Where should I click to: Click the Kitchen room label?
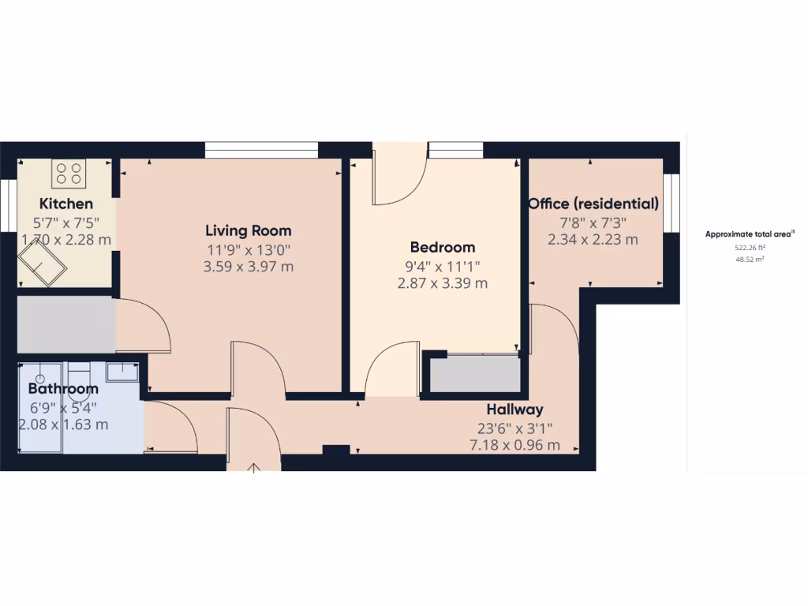pyautogui.click(x=66, y=204)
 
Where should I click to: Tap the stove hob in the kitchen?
pyautogui.click(x=69, y=174)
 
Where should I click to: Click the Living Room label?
pyautogui.click(x=249, y=231)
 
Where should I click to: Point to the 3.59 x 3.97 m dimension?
pyautogui.click(x=249, y=267)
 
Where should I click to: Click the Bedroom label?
pyautogui.click(x=442, y=248)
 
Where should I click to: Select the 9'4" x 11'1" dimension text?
pyautogui.click(x=442, y=266)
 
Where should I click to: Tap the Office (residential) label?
pyautogui.click(x=593, y=204)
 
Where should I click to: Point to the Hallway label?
pyautogui.click(x=514, y=410)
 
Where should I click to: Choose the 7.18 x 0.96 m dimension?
pyautogui.click(x=514, y=445)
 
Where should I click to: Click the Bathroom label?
pyautogui.click(x=63, y=389)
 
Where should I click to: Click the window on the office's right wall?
pyautogui.click(x=671, y=204)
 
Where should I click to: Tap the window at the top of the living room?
pyautogui.click(x=261, y=150)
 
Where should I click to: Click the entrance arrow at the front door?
pyautogui.click(x=254, y=467)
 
